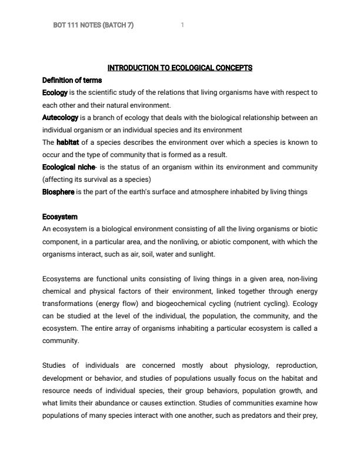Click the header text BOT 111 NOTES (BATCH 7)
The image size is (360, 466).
tap(93, 25)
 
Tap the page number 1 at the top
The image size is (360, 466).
tap(182, 25)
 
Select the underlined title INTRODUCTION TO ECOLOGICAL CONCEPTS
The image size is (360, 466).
tap(179, 68)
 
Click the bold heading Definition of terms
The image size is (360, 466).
tap(72, 80)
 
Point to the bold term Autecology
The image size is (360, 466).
tap(60, 118)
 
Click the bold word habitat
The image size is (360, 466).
tap(68, 142)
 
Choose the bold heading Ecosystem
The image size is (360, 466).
tap(60, 217)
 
